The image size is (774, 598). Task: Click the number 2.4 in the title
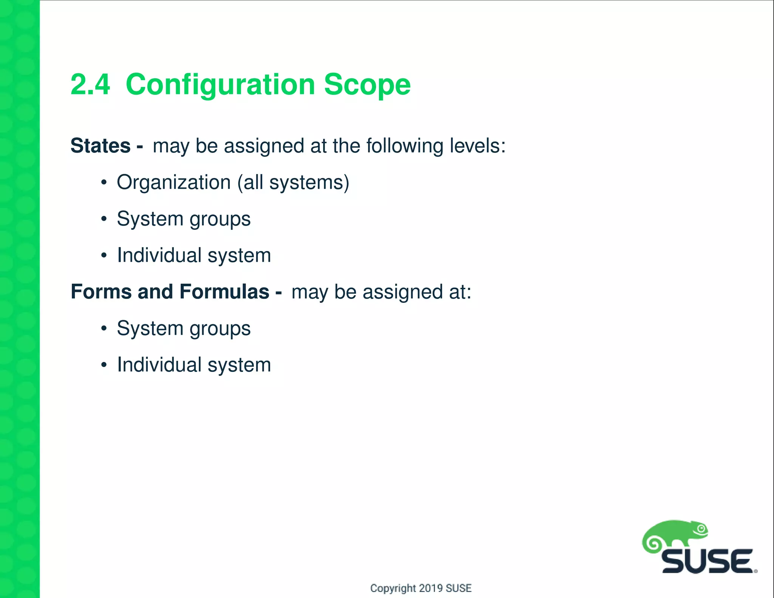tap(90, 85)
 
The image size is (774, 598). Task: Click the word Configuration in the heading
tap(220, 85)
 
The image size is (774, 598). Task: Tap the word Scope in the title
tap(367, 85)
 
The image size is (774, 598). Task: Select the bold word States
tap(101, 146)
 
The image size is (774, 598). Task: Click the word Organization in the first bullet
tap(173, 183)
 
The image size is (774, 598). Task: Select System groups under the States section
tap(183, 219)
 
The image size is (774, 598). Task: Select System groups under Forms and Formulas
tap(183, 328)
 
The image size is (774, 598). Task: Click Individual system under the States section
tap(194, 256)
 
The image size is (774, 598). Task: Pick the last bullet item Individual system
tap(194, 365)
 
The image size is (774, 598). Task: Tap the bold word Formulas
tap(224, 292)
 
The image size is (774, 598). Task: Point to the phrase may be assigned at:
tap(381, 292)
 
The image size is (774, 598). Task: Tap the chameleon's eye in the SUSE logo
tap(702, 529)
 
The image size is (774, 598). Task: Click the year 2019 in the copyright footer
tap(431, 588)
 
